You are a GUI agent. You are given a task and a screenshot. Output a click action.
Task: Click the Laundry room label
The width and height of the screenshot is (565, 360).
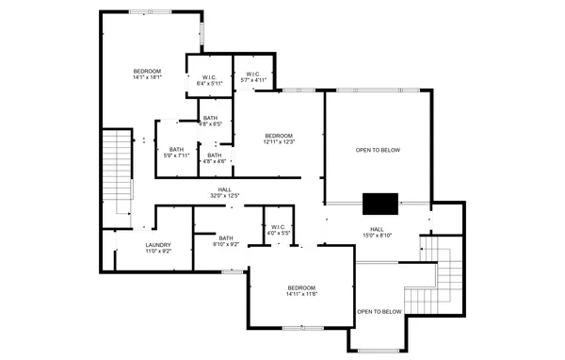(x=158, y=245)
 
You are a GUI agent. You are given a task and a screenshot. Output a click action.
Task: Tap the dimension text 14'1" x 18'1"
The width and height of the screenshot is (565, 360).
(x=148, y=78)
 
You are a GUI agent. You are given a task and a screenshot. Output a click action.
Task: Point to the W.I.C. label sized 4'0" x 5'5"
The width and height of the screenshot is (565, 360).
(x=278, y=229)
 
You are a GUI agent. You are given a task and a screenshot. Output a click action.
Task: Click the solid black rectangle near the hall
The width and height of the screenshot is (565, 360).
(x=380, y=204)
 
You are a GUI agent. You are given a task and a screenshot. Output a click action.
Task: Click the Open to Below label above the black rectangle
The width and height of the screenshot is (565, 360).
(x=378, y=150)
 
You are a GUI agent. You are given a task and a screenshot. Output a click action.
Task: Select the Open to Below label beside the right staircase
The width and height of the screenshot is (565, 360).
(x=379, y=312)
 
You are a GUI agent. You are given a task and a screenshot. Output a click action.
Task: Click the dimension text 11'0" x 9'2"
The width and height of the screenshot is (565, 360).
(x=158, y=251)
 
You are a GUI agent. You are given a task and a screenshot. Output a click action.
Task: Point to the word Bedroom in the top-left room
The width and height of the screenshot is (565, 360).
(x=148, y=72)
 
